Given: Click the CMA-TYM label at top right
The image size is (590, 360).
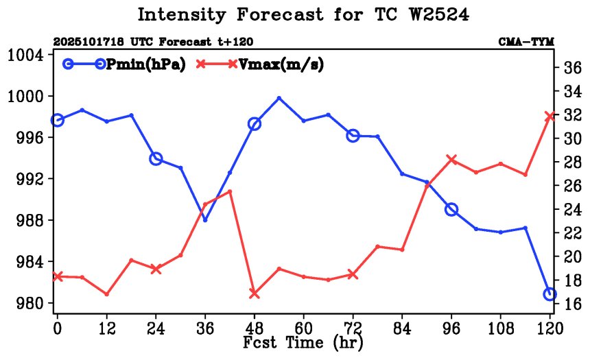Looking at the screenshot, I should click(x=526, y=42).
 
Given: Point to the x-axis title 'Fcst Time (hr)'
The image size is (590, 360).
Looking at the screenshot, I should click(x=303, y=341).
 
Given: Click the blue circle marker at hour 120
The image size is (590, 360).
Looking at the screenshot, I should click(x=550, y=294).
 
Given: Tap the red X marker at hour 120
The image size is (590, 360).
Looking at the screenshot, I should click(x=550, y=117).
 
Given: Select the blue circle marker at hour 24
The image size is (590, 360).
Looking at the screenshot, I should click(x=156, y=159).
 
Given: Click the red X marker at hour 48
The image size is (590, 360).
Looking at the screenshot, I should click(x=255, y=293).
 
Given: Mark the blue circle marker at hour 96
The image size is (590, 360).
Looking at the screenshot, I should click(x=451, y=209).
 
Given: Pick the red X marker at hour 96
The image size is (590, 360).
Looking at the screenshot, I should click(x=451, y=159).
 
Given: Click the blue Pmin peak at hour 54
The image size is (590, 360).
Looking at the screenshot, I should click(x=279, y=98).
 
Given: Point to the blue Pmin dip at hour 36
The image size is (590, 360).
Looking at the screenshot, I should click(x=205, y=219).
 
